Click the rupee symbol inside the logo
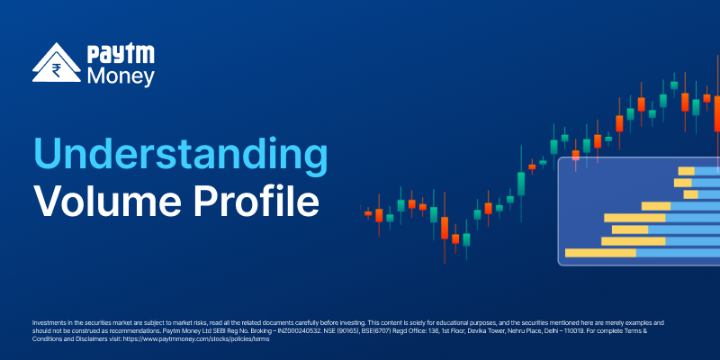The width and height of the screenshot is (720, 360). click(x=57, y=70)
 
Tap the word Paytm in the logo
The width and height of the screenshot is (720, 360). click(x=121, y=55)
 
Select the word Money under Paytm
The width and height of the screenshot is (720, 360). click(x=121, y=76)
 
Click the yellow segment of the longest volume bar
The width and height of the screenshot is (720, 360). click(x=600, y=253)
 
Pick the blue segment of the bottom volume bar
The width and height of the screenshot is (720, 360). click(x=679, y=253)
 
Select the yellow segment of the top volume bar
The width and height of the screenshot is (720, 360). click(x=687, y=171)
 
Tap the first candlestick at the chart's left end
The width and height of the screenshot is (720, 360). click(x=368, y=213)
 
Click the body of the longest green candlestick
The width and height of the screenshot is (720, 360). click(x=521, y=184)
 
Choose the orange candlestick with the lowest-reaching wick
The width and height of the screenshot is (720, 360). click(x=445, y=228)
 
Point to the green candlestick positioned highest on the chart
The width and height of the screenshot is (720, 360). click(x=674, y=85)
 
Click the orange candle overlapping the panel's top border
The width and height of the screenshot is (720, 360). click(x=576, y=155)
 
